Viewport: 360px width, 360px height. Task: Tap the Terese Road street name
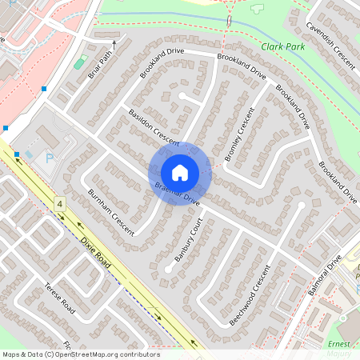[x=59, y=298]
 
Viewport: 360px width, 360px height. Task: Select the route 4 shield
[x=59, y=206]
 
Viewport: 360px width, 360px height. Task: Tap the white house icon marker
[x=179, y=172]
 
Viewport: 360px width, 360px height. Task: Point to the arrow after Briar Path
[x=114, y=46]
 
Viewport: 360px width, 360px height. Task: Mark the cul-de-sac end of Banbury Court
[x=167, y=270]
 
